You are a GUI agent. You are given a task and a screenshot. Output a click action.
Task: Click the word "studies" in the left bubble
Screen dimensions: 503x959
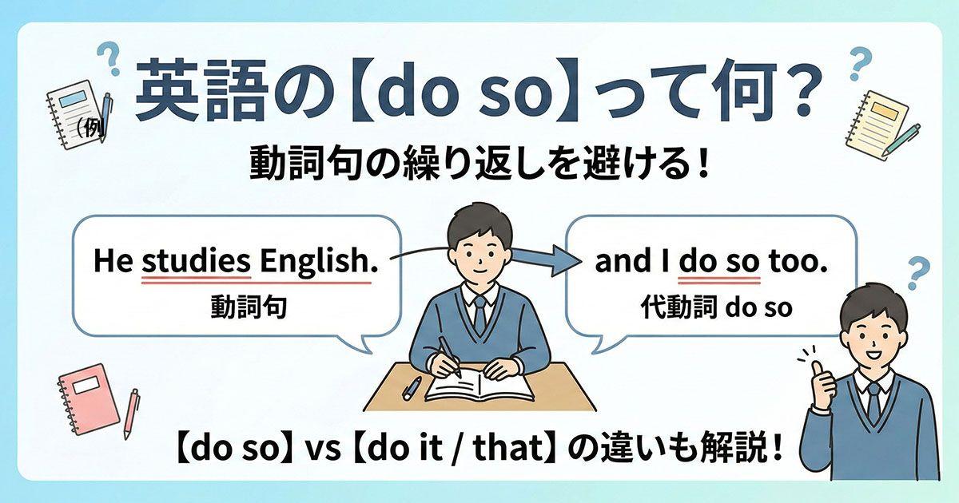(197, 262)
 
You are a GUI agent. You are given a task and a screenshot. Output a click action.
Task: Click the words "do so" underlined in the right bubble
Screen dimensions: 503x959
(718, 262)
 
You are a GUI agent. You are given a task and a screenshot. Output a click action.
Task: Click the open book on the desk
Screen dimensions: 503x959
(479, 387)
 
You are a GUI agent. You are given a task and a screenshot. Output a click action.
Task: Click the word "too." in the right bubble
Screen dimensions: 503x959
(796, 262)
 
